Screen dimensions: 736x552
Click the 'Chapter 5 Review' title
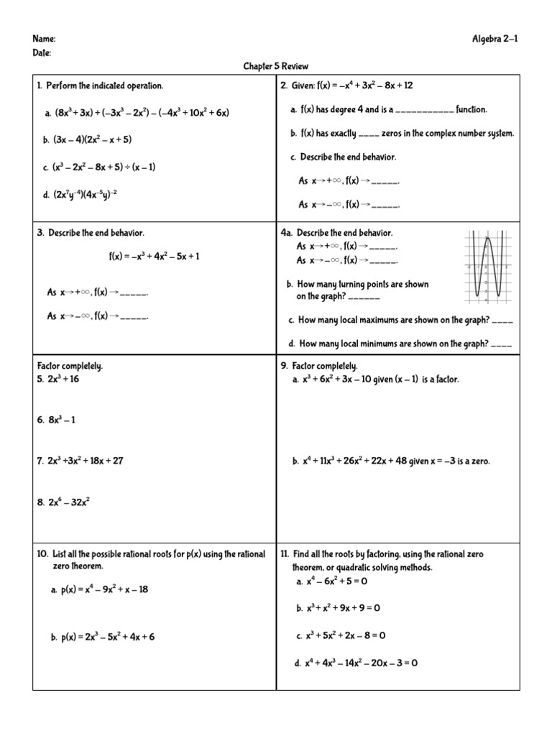coord(275,67)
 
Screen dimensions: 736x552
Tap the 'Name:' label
coord(44,40)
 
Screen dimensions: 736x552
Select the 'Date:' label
coord(42,53)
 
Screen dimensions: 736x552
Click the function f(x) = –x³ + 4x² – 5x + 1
coord(155,256)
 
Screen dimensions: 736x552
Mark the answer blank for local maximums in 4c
coord(503,321)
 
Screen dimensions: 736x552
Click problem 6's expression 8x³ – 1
coord(63,420)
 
